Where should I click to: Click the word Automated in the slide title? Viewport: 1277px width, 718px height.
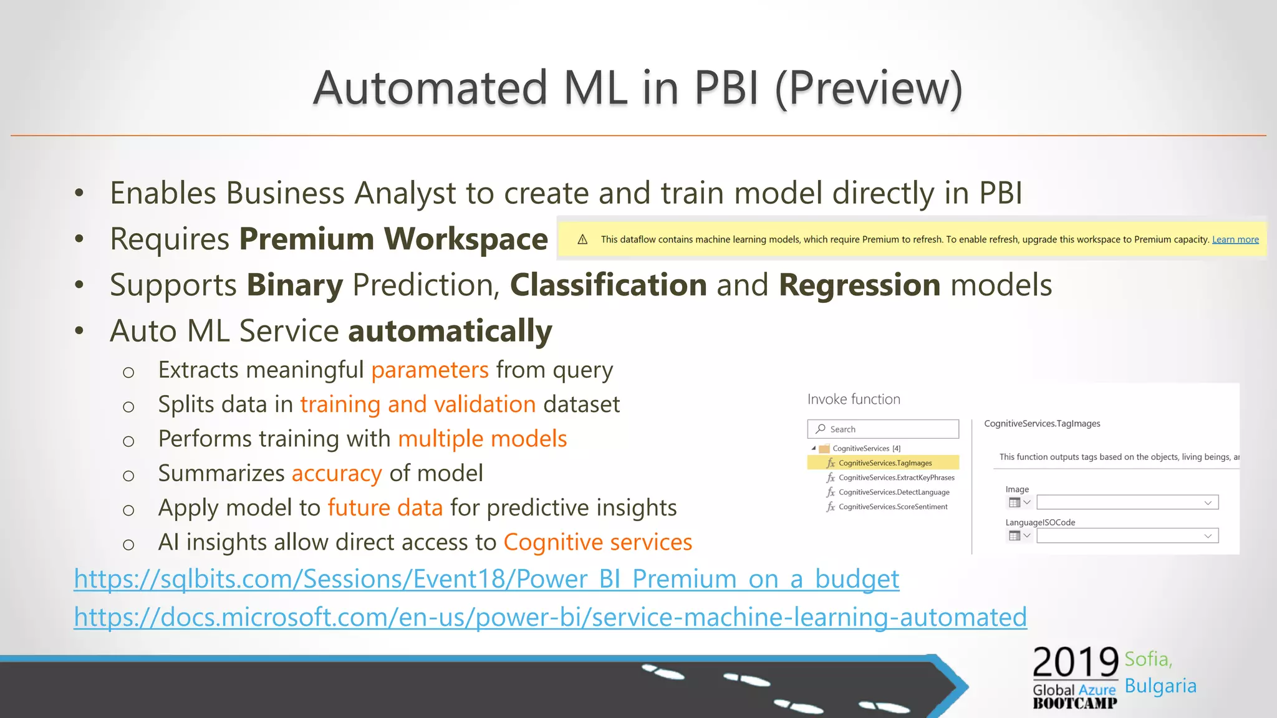pos(430,88)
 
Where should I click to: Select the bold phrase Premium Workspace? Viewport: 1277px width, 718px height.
pos(393,239)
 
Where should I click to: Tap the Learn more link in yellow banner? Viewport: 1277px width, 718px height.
pos(1235,240)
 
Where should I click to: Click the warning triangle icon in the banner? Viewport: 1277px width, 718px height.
pos(582,240)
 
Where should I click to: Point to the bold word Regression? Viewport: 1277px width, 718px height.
pos(859,285)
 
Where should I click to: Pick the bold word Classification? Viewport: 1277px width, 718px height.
pos(608,285)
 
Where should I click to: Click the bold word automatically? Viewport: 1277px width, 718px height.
pos(450,331)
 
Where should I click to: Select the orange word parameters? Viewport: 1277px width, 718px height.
pos(430,370)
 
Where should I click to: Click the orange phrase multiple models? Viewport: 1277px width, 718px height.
pos(482,439)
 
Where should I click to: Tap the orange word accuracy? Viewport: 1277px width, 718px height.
pos(336,474)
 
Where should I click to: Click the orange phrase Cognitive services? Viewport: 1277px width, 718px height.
pos(597,542)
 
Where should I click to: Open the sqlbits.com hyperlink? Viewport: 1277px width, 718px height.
pos(486,579)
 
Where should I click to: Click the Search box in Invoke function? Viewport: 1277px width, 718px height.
pos(883,429)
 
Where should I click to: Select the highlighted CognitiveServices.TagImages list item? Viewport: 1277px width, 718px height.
pos(884,463)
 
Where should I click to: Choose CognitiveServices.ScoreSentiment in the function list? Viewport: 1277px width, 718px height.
pos(892,507)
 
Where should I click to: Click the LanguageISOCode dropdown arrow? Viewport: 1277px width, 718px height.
pos(1207,536)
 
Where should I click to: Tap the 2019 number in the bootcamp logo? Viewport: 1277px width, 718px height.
pos(1075,663)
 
